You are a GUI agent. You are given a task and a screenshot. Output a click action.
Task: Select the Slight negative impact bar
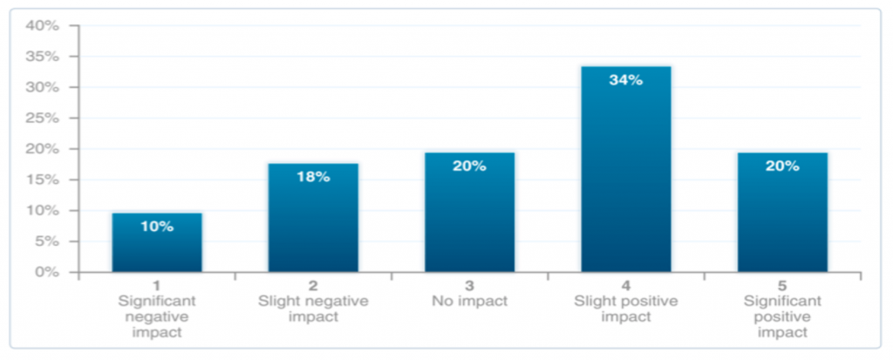click(313, 218)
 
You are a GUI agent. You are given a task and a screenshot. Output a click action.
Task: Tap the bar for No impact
click(469, 213)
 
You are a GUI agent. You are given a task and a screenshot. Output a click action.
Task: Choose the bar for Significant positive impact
click(782, 213)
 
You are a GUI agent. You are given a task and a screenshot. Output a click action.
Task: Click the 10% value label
click(157, 227)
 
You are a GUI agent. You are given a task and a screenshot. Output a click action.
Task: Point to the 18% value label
click(313, 177)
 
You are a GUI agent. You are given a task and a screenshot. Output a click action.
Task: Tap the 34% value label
click(626, 80)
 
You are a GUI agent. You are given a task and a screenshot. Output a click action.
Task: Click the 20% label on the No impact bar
click(469, 166)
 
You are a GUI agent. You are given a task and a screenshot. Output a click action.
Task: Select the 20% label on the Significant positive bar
click(782, 166)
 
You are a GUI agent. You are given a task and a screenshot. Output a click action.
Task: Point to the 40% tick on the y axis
click(42, 26)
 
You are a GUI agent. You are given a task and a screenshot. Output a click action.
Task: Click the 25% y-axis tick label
click(42, 119)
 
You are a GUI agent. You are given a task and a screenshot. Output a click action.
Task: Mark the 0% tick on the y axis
click(45, 272)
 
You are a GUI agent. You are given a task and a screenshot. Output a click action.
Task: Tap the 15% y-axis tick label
click(42, 180)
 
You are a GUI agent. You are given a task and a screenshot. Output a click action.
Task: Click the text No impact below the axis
click(469, 302)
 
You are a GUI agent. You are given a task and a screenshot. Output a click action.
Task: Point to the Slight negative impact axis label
click(313, 309)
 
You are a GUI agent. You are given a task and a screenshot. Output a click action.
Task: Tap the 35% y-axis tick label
click(42, 57)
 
